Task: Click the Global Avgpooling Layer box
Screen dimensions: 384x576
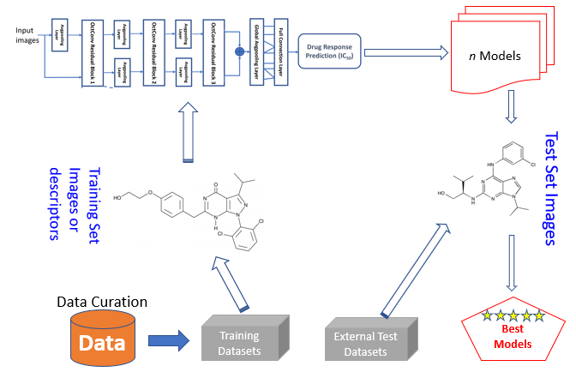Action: pos(256,51)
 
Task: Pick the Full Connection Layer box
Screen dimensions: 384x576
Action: pos(280,51)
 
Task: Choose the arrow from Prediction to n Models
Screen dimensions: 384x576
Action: pos(407,51)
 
